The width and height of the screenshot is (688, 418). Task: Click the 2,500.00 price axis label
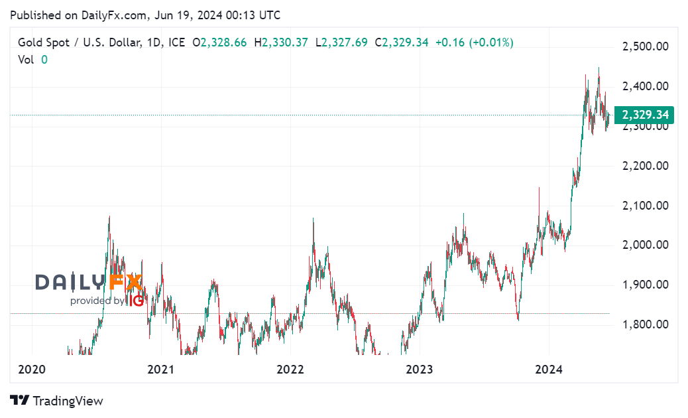pos(644,46)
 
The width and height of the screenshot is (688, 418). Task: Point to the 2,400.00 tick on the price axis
pos(644,86)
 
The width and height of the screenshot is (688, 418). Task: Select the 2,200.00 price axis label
pos(644,166)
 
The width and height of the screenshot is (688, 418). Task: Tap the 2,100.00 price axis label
pos(644,206)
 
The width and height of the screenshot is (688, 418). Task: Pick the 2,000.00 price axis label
pos(644,245)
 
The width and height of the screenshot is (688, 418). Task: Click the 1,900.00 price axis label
pos(644,285)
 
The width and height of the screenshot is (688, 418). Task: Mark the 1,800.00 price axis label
pos(644,324)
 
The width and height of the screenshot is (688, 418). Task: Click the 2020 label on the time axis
pos(30,370)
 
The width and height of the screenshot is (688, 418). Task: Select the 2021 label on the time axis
pos(160,370)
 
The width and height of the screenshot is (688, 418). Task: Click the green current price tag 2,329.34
pos(645,115)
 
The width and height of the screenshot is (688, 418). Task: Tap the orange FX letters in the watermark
pos(126,282)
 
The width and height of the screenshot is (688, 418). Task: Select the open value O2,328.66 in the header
pos(219,42)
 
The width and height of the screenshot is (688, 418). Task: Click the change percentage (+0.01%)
pos(491,42)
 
